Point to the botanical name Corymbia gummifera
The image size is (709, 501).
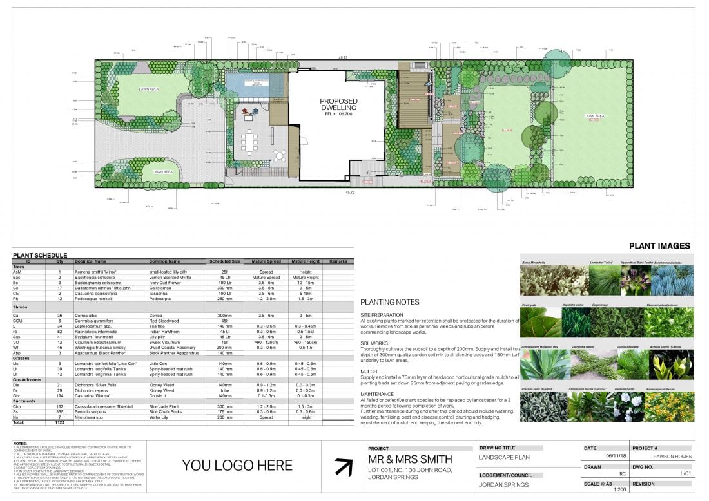pyautogui.click(x=99, y=320)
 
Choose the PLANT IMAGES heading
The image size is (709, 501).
pyautogui.click(x=659, y=245)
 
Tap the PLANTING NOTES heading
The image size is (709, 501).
pyautogui.click(x=389, y=302)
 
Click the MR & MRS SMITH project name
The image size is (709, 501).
pyautogui.click(x=410, y=459)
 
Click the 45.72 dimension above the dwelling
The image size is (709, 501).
pyautogui.click(x=349, y=57)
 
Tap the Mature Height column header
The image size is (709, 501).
pyautogui.click(x=305, y=261)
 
